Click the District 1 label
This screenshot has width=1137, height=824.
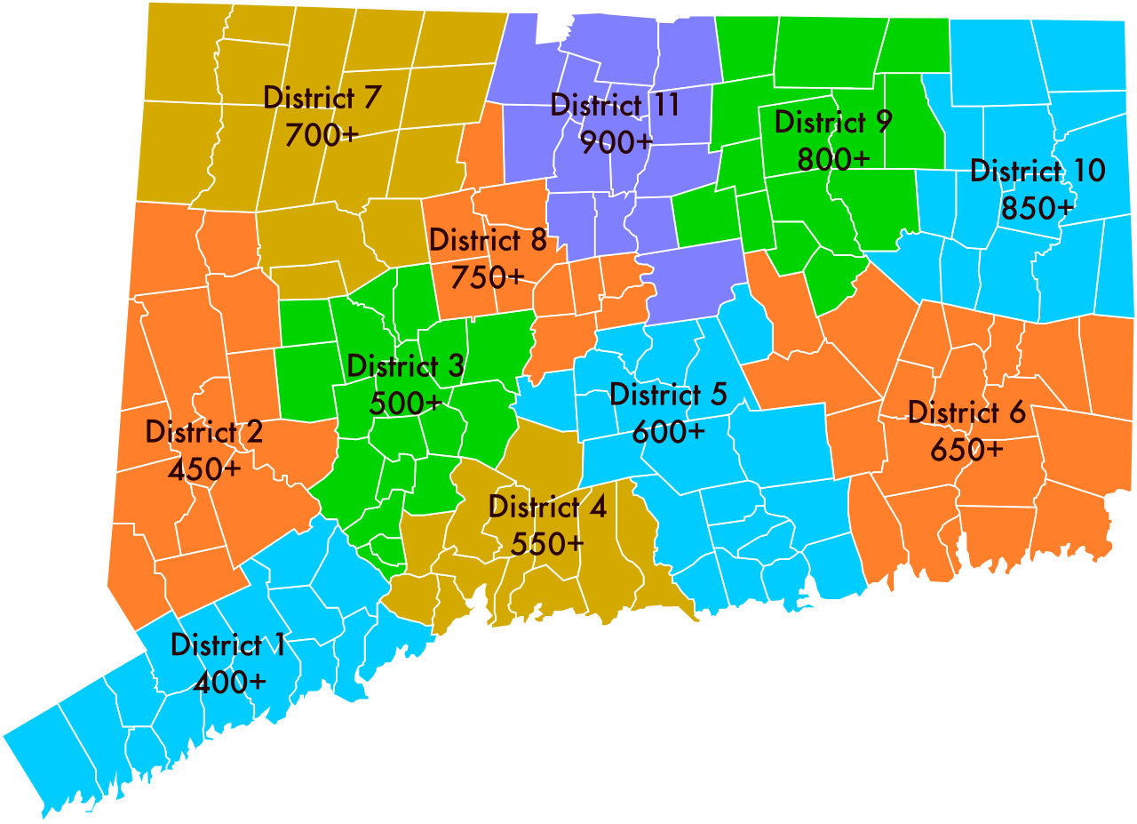pyautogui.click(x=228, y=645)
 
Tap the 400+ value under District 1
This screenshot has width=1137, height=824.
pyautogui.click(x=228, y=682)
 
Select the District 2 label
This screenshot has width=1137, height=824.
pyautogui.click(x=204, y=432)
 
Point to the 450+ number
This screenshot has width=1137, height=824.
pyautogui.click(x=204, y=468)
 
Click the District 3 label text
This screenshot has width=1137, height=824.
pyautogui.click(x=405, y=365)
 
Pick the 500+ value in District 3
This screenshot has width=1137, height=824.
pyautogui.click(x=405, y=403)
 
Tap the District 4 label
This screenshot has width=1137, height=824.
pyautogui.click(x=548, y=507)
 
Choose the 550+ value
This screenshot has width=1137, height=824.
pyautogui.click(x=548, y=543)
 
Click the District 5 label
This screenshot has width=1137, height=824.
pyautogui.click(x=669, y=394)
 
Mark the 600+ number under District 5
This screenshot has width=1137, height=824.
pyautogui.click(x=669, y=431)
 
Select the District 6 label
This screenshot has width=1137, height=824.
pyautogui.click(x=967, y=412)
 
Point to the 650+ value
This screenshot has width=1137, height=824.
pyautogui.click(x=967, y=450)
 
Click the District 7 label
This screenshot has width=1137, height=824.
pyautogui.click(x=322, y=97)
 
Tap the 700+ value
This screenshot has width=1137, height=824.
pyautogui.click(x=322, y=135)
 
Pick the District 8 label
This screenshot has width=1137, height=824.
pyautogui.click(x=488, y=240)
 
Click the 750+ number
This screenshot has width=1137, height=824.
pyautogui.click(x=488, y=277)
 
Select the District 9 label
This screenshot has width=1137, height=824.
pyautogui.click(x=833, y=122)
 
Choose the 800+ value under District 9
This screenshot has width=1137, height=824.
pyautogui.click(x=833, y=159)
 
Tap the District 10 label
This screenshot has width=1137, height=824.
pyautogui.click(x=1038, y=170)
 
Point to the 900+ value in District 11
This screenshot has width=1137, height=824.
pyautogui.click(x=616, y=141)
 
